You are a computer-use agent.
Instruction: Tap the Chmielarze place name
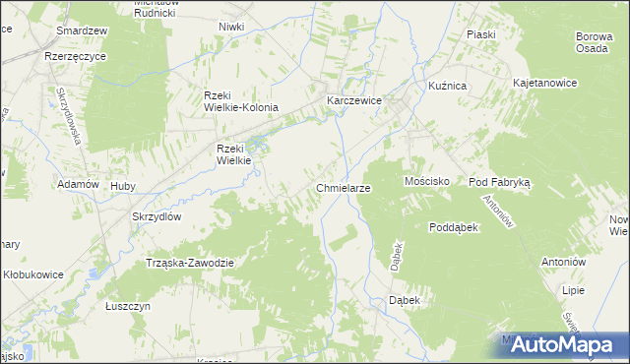(x=343, y=187)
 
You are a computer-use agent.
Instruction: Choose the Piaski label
(x=480, y=34)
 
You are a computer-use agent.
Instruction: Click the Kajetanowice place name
(x=544, y=85)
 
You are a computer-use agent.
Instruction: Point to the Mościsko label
(x=427, y=182)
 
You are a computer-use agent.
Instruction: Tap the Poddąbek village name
(x=453, y=227)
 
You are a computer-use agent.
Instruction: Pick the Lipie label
(x=572, y=291)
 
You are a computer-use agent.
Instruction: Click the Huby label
(x=123, y=185)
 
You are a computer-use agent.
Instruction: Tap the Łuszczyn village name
(x=127, y=307)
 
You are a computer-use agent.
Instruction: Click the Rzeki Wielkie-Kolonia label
(x=241, y=101)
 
